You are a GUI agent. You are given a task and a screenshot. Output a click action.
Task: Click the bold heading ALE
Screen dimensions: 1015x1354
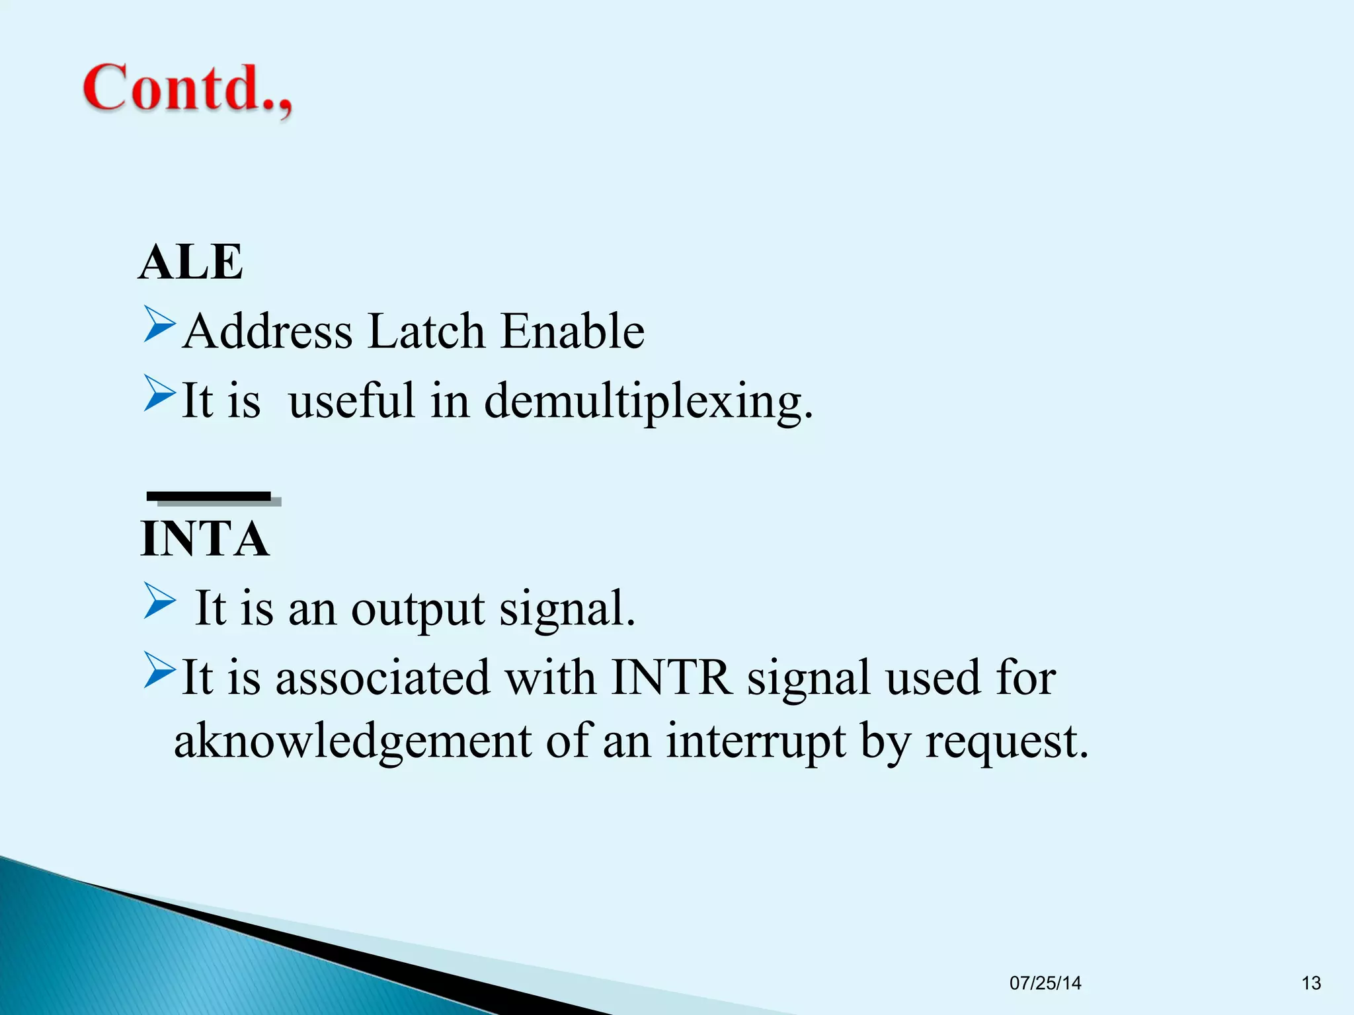(x=191, y=262)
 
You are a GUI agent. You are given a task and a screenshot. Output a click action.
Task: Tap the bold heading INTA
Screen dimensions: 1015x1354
(x=205, y=539)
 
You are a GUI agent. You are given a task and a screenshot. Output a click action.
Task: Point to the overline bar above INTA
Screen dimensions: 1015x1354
(x=210, y=497)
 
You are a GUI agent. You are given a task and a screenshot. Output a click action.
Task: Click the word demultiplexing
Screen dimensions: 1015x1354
(x=648, y=402)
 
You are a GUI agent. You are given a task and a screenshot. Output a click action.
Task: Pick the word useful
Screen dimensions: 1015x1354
(x=352, y=400)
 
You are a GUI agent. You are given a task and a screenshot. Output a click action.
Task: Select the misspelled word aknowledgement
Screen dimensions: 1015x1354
(x=352, y=741)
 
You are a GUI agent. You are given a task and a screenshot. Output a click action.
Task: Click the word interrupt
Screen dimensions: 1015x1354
(x=755, y=741)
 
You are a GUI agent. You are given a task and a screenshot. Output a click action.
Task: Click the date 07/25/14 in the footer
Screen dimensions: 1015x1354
(x=1045, y=983)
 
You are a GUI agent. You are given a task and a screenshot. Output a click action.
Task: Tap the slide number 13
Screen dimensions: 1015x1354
(x=1310, y=983)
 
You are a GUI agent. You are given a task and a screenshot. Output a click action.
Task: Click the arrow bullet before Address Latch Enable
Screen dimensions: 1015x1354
(x=159, y=324)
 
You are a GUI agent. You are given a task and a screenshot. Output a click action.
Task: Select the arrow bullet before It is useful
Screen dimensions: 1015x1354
(x=159, y=394)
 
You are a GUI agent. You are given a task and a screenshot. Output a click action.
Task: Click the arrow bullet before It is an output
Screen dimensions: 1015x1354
(x=159, y=601)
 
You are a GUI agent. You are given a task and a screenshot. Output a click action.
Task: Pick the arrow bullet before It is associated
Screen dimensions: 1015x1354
(x=159, y=671)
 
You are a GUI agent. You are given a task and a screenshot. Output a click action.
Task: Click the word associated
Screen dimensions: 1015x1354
(x=383, y=677)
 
